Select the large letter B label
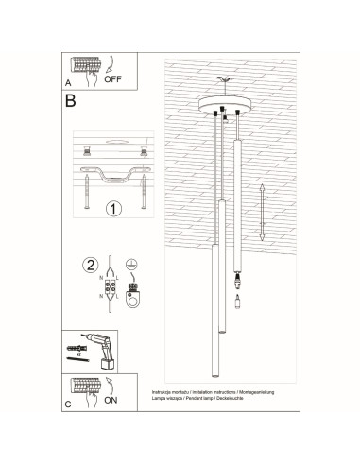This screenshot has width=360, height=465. (x=71, y=99)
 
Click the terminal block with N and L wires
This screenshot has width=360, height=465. (x=111, y=291)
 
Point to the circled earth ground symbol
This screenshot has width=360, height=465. (x=132, y=266)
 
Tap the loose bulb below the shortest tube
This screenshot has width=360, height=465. (x=235, y=298)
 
